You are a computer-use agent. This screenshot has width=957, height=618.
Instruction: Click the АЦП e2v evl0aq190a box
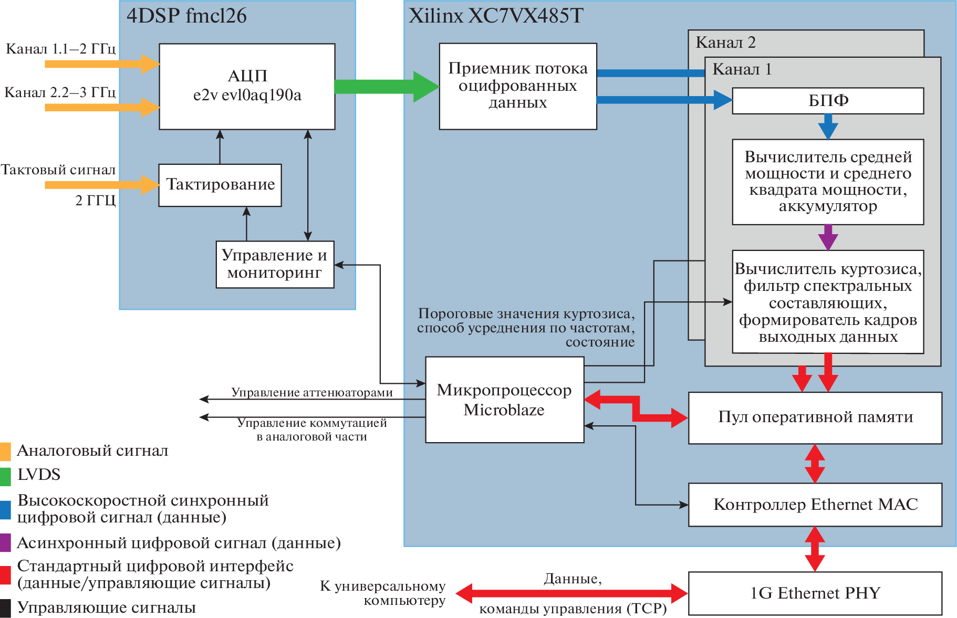[247, 86]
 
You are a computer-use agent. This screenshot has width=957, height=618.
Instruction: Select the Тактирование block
[220, 185]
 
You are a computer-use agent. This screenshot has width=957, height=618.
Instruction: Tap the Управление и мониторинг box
[275, 264]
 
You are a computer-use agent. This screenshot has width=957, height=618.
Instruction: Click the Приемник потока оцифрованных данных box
[517, 86]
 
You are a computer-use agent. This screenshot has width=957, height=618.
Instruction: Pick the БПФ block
[828, 100]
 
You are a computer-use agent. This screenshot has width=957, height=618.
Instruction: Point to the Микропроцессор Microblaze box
[504, 400]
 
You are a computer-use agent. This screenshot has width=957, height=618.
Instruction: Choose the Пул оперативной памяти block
[815, 417]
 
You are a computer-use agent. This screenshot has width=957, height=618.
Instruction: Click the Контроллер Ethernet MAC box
[815, 505]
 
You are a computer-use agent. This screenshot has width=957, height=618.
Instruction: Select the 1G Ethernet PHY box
[815, 593]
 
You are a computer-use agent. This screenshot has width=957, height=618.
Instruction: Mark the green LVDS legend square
[5, 476]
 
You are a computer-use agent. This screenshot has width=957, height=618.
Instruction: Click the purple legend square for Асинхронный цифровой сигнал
[5, 543]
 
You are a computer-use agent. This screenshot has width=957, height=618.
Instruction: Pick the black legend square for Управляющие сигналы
[5, 608]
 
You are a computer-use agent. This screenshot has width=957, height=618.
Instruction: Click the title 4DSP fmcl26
[186, 16]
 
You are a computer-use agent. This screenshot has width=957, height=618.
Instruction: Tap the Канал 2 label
[725, 43]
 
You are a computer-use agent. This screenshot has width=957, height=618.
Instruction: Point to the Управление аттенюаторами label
[312, 392]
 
